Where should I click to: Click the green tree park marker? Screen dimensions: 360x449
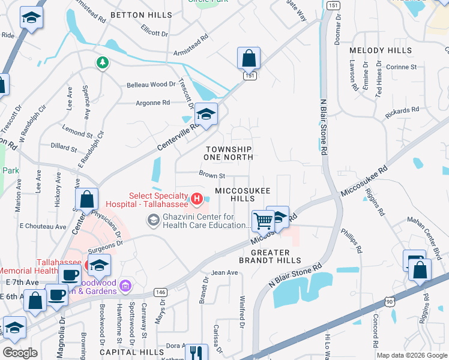(103, 62)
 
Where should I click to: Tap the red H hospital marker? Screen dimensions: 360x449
(196, 197)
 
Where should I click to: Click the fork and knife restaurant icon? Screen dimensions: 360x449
(195, 352)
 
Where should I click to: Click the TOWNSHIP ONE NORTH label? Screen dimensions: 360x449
(229, 152)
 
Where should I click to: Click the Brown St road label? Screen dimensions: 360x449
(212, 176)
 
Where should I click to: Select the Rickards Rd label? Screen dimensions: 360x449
(403, 110)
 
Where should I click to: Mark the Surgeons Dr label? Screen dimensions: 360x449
(105, 242)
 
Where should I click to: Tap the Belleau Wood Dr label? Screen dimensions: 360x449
(151, 85)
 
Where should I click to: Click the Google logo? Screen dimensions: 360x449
(20, 352)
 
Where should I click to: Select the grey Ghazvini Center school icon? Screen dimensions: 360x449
(153, 221)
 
